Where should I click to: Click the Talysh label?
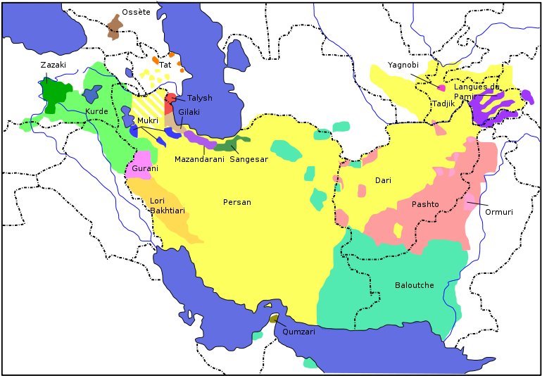[x=199, y=99]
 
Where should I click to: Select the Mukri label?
[x=148, y=121]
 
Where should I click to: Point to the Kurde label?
[x=97, y=112]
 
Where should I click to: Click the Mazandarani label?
[x=199, y=160]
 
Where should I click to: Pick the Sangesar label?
[x=248, y=160]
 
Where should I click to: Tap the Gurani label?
[x=145, y=169]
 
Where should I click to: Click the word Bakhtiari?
[x=168, y=211]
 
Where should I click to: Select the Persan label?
[x=237, y=203]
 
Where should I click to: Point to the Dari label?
[x=383, y=181]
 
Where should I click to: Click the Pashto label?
[x=425, y=204]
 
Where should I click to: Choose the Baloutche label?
[x=414, y=285]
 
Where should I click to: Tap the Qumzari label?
[x=298, y=332]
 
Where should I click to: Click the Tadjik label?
[x=443, y=104]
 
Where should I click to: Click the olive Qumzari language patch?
[x=274, y=319]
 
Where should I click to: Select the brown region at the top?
[x=115, y=27]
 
